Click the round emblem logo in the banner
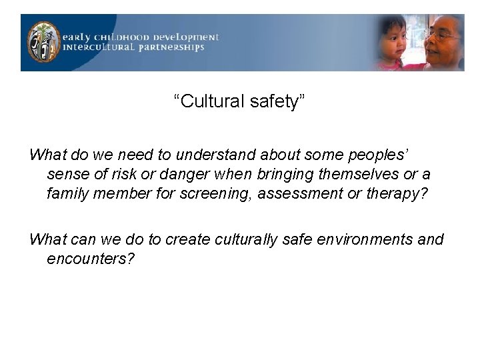[x=43, y=42]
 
